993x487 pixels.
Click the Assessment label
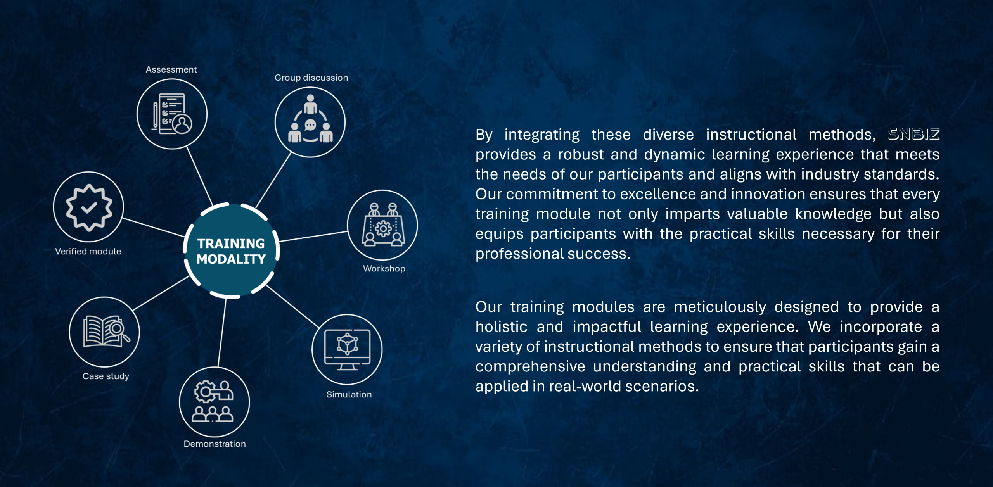point(171,69)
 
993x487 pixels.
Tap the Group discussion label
point(311,78)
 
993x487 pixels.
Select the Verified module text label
point(88,251)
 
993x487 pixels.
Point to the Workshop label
point(384,268)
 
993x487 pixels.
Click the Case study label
point(106,376)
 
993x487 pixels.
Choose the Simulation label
point(349,394)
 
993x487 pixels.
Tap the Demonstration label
point(215,444)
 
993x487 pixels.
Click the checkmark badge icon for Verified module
point(89,207)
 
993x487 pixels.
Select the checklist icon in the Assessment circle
point(172,114)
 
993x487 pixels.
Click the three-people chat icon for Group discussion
point(310,119)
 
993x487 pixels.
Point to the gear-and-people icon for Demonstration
point(213,401)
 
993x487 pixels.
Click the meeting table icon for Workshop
point(383,225)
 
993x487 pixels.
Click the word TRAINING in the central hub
point(231,243)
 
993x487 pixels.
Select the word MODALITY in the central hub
point(231,259)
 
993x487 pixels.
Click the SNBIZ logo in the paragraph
point(914,134)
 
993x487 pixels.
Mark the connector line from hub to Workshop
point(313,237)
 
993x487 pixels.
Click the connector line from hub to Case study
point(161,293)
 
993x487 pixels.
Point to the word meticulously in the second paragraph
point(720,307)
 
